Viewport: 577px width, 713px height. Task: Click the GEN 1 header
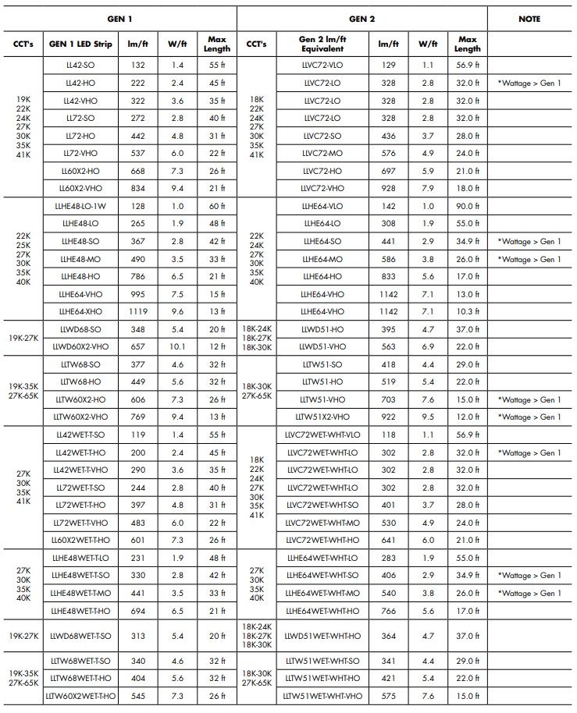pos(119,18)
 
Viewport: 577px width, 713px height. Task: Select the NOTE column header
pos(529,18)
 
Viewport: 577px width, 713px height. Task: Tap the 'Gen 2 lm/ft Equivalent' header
pos(322,44)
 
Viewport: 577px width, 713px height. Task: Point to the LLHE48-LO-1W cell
pos(80,206)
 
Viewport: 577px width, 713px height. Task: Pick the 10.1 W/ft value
pos(177,346)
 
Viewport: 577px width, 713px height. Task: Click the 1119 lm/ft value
pos(138,311)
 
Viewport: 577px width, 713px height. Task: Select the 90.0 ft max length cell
pos(468,206)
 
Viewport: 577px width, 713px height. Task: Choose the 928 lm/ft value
pos(388,188)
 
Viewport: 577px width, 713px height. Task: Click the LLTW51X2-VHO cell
pos(322,417)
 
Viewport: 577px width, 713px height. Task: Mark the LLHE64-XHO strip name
pos(80,311)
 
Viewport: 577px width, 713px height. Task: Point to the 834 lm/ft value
pos(138,188)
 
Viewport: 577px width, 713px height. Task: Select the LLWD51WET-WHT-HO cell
pos(322,637)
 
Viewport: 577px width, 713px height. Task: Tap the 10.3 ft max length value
pos(468,311)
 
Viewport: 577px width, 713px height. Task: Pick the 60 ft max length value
pos(217,206)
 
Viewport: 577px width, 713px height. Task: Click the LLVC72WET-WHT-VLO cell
pos(322,435)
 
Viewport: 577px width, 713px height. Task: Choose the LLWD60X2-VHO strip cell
pos(80,346)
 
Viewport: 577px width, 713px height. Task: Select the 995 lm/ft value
pos(138,294)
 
